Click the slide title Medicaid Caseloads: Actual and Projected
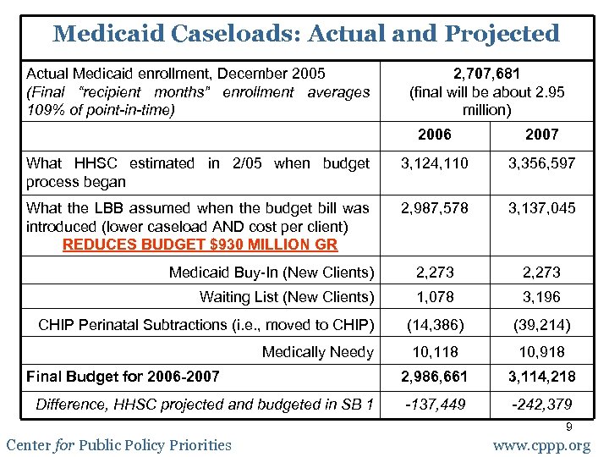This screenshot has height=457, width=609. (x=305, y=34)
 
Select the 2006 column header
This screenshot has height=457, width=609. (x=435, y=135)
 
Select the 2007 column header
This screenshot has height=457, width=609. (x=541, y=135)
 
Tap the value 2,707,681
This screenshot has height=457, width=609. (x=486, y=74)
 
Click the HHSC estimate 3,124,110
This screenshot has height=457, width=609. (x=435, y=163)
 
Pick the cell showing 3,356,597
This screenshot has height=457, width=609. (x=541, y=163)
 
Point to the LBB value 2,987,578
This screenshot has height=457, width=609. (x=435, y=208)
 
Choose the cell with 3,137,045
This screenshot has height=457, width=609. (x=541, y=208)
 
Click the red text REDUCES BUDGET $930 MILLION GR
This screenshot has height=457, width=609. (x=200, y=245)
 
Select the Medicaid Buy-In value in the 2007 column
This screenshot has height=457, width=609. (x=541, y=273)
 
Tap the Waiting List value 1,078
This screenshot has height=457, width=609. (x=435, y=297)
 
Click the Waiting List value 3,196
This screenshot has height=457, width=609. (x=541, y=297)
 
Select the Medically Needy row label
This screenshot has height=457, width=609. (x=317, y=352)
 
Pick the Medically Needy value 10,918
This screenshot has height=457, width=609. (x=541, y=352)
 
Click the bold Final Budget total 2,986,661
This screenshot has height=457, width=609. (x=435, y=377)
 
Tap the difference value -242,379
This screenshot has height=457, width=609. (x=541, y=405)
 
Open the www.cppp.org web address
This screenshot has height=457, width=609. (x=541, y=445)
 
